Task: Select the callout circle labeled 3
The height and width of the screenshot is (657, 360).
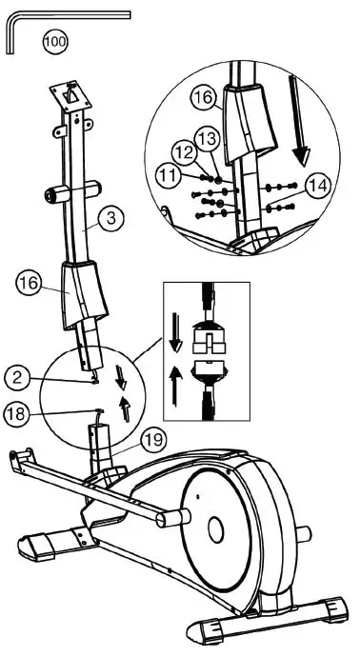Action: pos(111,218)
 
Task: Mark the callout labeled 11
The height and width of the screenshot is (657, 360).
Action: pos(169,174)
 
